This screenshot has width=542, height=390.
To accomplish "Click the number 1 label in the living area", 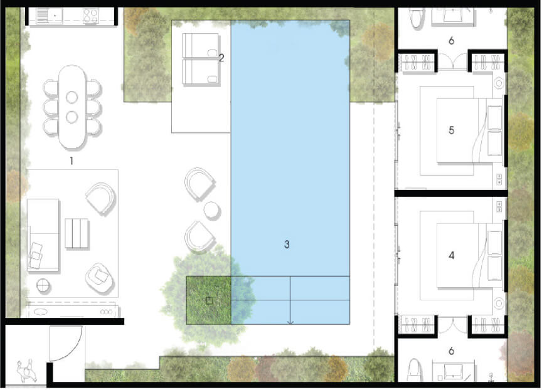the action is [x=72, y=161].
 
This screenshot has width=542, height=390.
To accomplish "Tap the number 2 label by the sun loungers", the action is [x=221, y=58].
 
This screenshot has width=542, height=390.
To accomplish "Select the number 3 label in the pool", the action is [x=287, y=245].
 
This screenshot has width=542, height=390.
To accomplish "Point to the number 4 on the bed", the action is [x=452, y=255].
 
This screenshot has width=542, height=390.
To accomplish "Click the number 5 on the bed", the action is [x=452, y=130].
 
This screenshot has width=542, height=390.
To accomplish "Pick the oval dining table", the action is [x=72, y=107].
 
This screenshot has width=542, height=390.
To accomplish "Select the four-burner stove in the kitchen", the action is [x=90, y=16].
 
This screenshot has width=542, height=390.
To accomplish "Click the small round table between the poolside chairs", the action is [x=211, y=210].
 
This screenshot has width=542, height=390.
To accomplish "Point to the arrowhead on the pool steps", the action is [x=290, y=322].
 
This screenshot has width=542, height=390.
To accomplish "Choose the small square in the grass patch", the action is [x=209, y=301].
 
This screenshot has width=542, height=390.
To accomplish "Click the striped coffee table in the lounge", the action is [x=76, y=233].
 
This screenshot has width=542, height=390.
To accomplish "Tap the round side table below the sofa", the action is [x=43, y=285].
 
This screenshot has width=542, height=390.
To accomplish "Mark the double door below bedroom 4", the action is [x=452, y=326].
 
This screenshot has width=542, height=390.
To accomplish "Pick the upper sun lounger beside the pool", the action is [x=200, y=45].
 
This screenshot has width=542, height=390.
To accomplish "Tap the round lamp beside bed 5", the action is [x=499, y=83].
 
